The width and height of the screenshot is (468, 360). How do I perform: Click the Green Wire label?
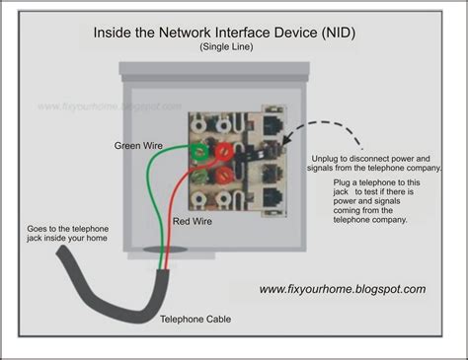pos(138,146)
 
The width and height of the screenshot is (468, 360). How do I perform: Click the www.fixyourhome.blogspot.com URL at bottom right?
pos(343,289)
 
